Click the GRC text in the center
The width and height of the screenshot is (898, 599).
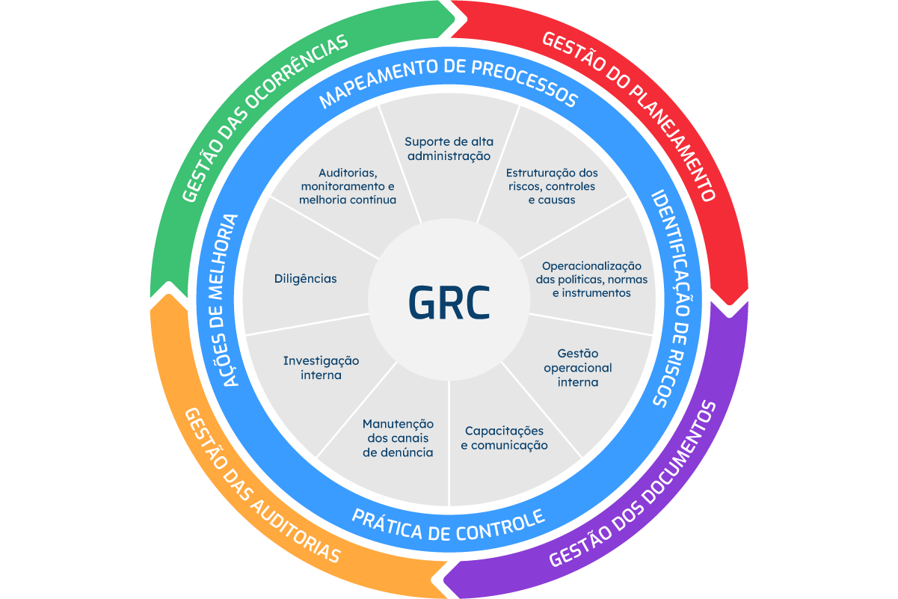[x=449, y=302]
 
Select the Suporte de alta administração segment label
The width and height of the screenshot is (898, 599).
[x=449, y=149]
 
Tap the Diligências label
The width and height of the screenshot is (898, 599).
[x=305, y=279]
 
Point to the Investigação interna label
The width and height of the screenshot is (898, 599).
[x=321, y=368]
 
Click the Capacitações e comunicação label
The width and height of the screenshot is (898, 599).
[x=504, y=438]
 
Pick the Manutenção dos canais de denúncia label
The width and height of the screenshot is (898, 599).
[x=398, y=438]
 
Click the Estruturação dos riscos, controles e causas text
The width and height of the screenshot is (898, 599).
[x=552, y=186]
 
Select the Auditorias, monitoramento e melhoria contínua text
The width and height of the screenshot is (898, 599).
[x=348, y=186]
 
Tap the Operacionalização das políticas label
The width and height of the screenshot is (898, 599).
[x=591, y=280]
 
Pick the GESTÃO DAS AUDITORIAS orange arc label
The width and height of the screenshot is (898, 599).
[x=262, y=486]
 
